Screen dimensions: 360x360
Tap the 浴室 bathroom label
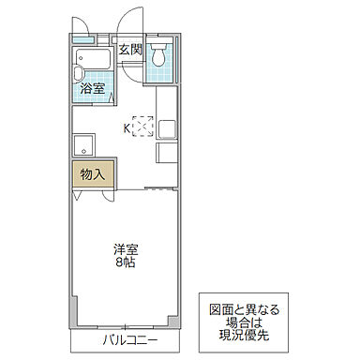92,90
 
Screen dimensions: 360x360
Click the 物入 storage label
92,174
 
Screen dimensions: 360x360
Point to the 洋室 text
127,250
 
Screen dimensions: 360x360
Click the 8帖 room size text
127,265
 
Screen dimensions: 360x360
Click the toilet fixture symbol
161,53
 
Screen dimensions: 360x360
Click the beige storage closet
93,175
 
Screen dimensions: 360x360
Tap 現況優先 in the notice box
243,334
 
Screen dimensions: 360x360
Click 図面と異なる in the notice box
243,308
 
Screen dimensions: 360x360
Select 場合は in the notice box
243,321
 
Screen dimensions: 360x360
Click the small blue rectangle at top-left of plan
84,40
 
